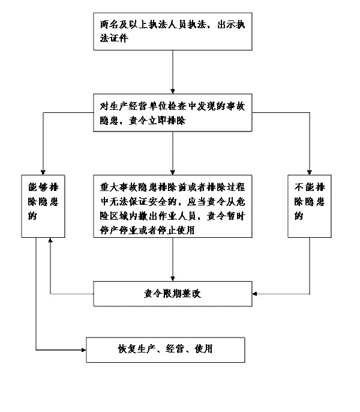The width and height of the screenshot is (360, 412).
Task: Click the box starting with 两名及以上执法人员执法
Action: click(x=172, y=31)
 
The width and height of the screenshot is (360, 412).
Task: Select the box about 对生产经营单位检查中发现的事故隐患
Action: click(x=172, y=112)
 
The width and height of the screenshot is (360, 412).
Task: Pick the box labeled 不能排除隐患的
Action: click(x=310, y=204)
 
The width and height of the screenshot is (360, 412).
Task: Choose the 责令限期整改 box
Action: click(x=172, y=294)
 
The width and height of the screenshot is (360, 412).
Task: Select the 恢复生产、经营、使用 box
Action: click(x=166, y=350)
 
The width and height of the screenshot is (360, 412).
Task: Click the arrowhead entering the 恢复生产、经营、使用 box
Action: click(x=83, y=349)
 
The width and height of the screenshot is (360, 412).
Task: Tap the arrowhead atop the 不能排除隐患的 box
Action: click(x=310, y=171)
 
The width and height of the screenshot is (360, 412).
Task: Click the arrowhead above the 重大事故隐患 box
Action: click(x=172, y=171)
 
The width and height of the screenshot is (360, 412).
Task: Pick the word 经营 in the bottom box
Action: click(x=177, y=350)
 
